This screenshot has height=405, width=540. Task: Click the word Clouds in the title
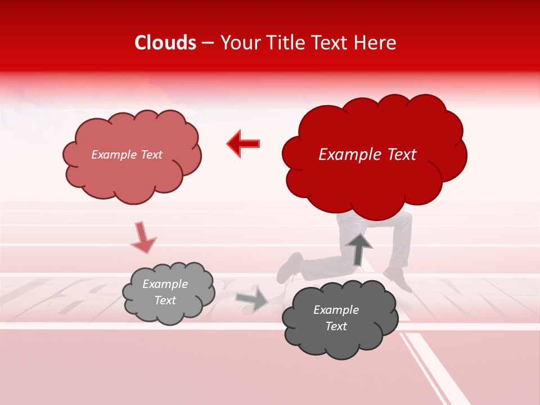(x=165, y=43)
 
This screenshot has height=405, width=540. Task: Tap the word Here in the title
(x=376, y=43)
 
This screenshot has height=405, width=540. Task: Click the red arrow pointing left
(x=244, y=143)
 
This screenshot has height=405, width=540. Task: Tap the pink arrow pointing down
(x=143, y=238)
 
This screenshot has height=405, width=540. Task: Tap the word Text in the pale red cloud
(x=151, y=155)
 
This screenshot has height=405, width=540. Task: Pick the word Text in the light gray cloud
(x=165, y=300)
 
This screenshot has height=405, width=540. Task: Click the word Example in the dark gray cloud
(x=336, y=310)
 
